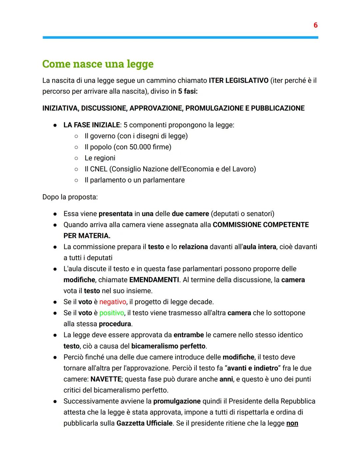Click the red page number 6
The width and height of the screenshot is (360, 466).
(x=315, y=25)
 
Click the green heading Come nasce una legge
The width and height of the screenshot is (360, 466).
(x=98, y=64)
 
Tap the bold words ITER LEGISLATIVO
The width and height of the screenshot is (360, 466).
(x=238, y=80)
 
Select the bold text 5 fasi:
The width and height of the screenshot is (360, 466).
(x=188, y=91)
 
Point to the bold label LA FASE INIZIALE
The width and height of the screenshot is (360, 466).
(x=91, y=125)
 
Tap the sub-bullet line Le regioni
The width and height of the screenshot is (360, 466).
(x=100, y=158)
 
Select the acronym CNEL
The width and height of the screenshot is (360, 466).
(x=98, y=169)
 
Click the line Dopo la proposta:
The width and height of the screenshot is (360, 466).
(x=70, y=197)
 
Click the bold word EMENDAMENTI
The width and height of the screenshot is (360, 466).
(x=154, y=280)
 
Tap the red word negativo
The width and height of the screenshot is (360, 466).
(x=113, y=302)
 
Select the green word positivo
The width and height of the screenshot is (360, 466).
(x=111, y=313)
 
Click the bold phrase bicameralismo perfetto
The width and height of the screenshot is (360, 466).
(x=169, y=346)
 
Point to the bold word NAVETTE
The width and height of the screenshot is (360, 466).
(x=106, y=379)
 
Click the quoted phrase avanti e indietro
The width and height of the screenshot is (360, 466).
(x=252, y=368)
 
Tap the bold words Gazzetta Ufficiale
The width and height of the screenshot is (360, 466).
(x=144, y=423)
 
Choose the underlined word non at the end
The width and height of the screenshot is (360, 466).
(x=292, y=423)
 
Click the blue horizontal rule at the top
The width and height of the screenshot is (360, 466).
(x=180, y=37)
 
